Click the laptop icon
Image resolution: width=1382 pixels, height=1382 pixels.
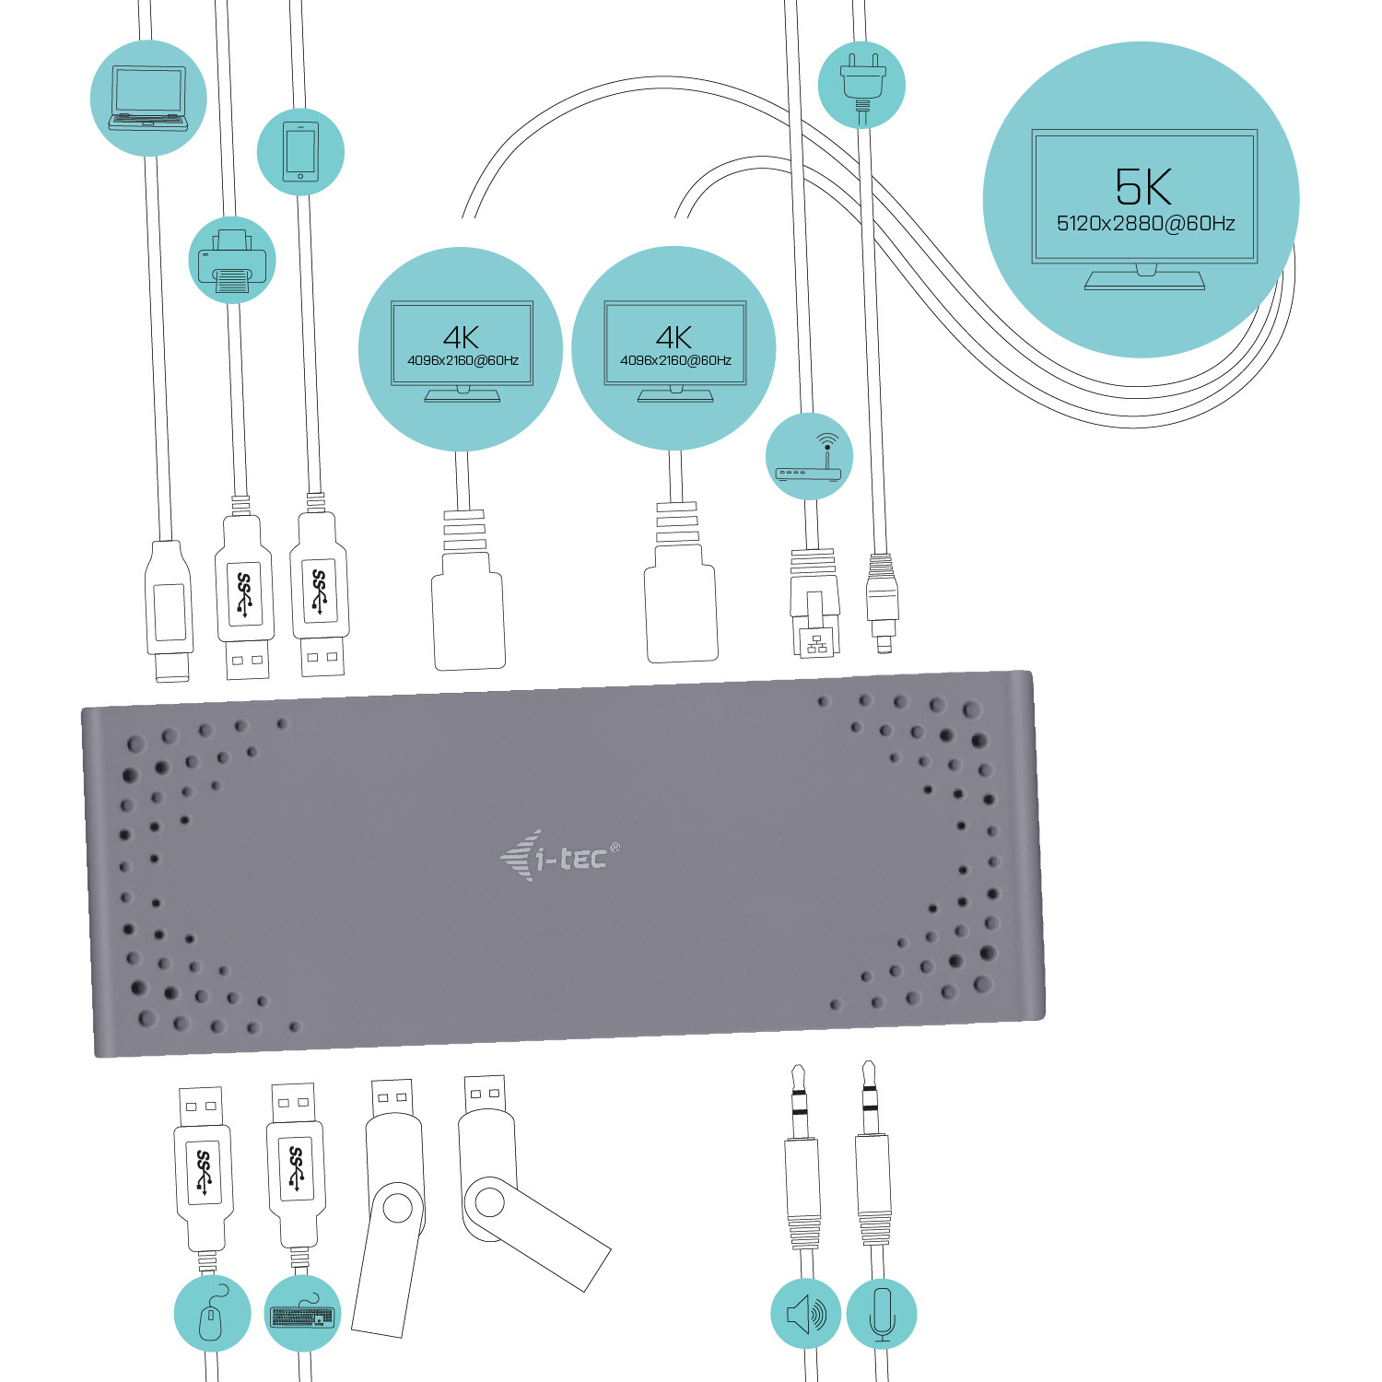[148, 98]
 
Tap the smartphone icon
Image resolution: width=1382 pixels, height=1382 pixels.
[299, 151]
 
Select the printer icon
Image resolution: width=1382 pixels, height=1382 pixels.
[232, 261]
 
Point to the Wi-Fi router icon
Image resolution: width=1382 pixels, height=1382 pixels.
[809, 458]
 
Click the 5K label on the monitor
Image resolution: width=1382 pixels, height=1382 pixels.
[1143, 187]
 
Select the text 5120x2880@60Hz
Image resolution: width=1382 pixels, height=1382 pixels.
[1145, 224]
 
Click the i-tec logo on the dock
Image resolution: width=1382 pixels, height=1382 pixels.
[561, 857]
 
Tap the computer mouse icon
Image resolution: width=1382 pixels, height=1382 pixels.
[212, 1315]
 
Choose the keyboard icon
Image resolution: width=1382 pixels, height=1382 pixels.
[302, 1315]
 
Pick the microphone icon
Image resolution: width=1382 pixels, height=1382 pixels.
[882, 1315]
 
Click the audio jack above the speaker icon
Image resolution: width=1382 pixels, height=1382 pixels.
[802, 1161]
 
